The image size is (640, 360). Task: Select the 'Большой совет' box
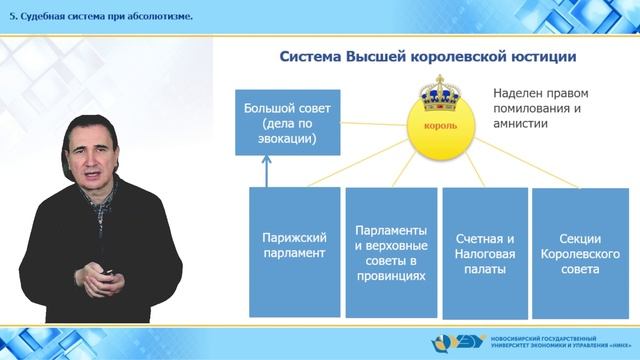280,122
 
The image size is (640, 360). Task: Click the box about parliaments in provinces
391,246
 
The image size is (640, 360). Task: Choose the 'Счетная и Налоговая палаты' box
484,246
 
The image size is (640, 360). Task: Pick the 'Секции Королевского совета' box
581,246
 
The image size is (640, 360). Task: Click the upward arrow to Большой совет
266,172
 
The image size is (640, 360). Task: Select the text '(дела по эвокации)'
280,130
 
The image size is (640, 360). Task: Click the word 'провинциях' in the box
391,276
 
